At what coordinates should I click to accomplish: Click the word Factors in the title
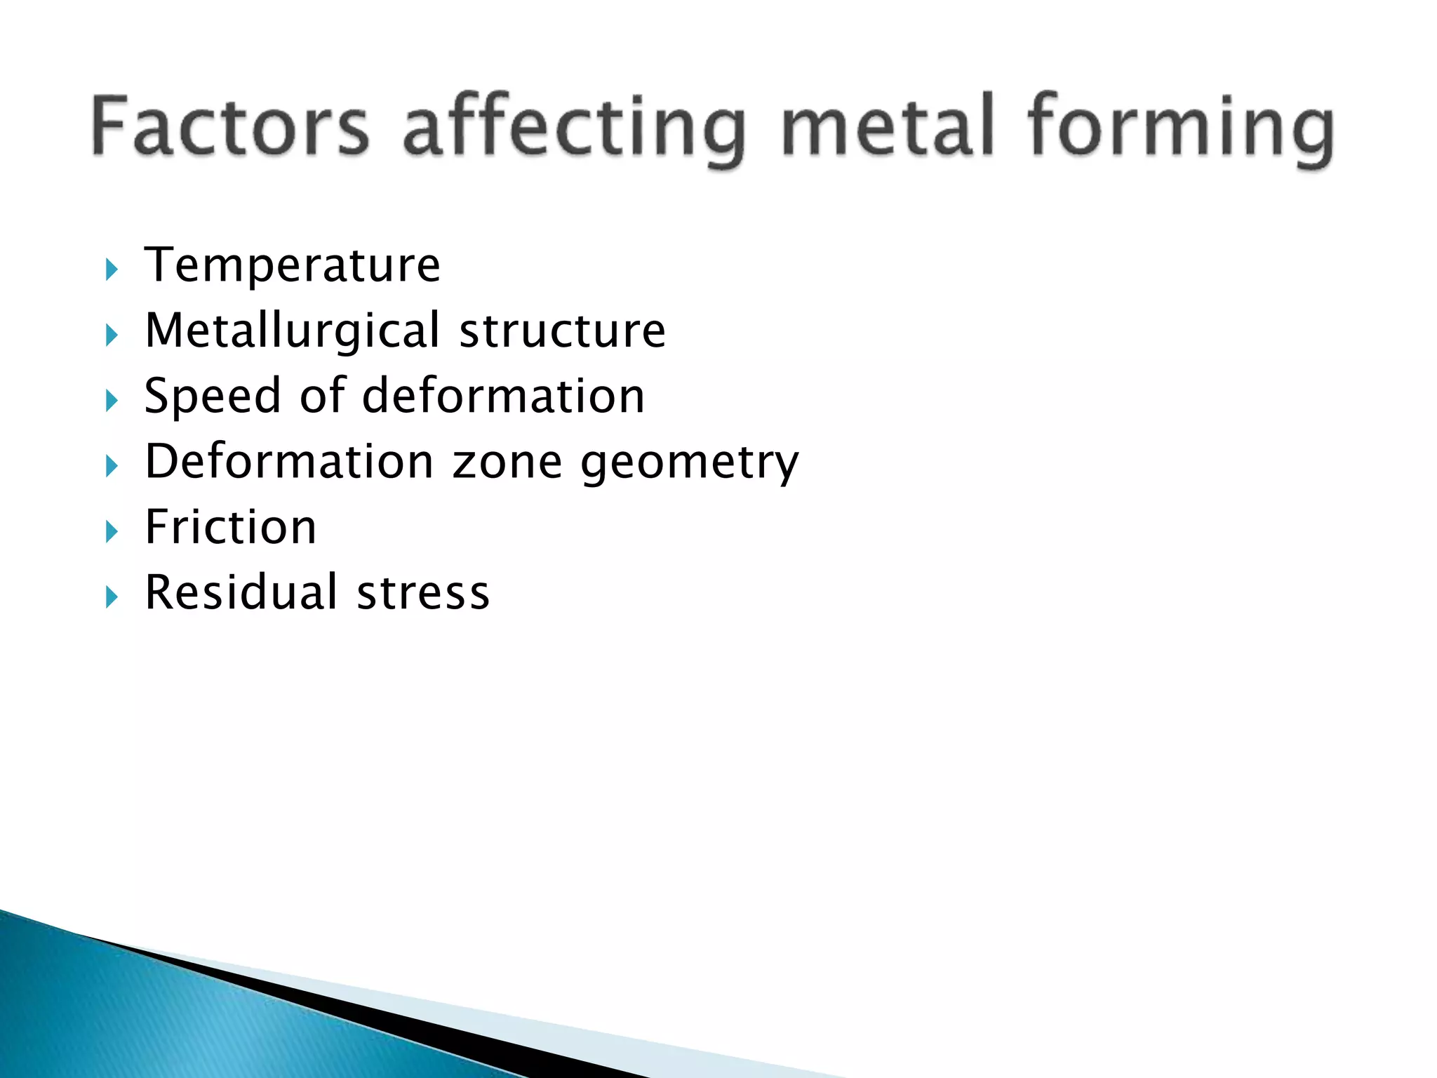tap(230, 126)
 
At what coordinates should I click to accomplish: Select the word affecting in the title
tap(574, 130)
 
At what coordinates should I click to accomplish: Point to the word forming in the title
tap(1180, 130)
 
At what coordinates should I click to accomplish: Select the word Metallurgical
tap(293, 331)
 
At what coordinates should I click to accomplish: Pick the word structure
tap(562, 331)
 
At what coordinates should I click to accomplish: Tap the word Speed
tap(212, 397)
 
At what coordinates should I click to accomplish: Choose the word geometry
tap(690, 463)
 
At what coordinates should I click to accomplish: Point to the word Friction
tap(230, 527)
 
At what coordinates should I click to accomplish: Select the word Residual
tap(242, 592)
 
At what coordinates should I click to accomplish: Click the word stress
tap(423, 594)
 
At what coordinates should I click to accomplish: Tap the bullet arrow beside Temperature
tap(112, 269)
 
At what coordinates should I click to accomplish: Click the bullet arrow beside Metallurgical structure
tap(112, 335)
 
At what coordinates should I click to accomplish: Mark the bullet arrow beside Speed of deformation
tap(112, 401)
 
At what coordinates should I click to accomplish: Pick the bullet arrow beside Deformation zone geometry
tap(112, 466)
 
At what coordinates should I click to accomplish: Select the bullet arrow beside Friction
tap(112, 531)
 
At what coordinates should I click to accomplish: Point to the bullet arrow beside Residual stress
tap(112, 597)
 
